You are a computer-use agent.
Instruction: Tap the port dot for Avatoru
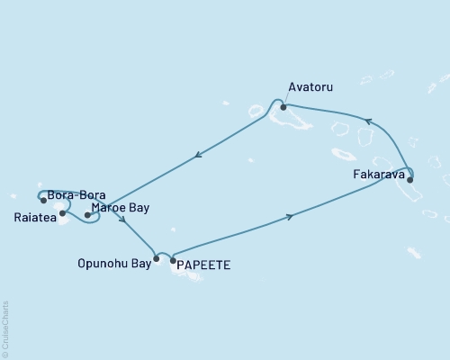click(283, 106)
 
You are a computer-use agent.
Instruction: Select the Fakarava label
click(379, 175)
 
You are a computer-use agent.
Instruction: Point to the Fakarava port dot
click(410, 179)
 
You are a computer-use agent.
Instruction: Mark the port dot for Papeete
click(174, 261)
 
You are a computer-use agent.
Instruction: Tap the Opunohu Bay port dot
click(157, 259)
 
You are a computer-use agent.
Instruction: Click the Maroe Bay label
click(121, 208)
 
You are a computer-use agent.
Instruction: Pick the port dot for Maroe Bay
click(87, 215)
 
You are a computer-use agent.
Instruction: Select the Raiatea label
click(32, 217)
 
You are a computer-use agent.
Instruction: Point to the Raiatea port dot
click(62, 213)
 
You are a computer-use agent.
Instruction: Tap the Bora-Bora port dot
click(43, 200)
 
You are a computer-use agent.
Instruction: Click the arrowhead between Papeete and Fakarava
click(289, 216)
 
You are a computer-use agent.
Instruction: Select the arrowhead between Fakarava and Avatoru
click(367, 121)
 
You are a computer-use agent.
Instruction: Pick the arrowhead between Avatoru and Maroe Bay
click(197, 156)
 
